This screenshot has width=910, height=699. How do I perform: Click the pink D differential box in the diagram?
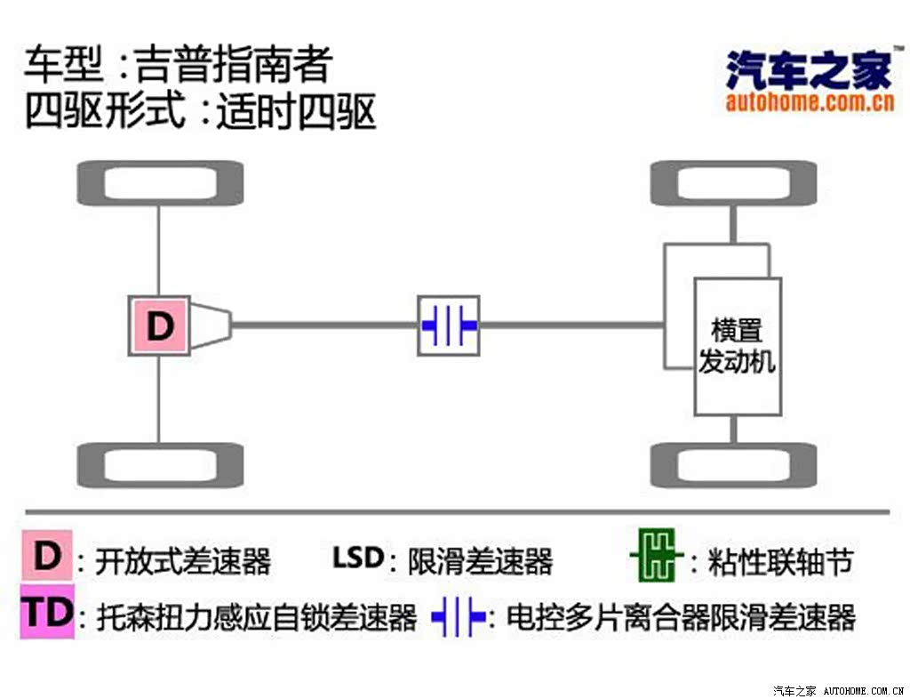[x=160, y=325]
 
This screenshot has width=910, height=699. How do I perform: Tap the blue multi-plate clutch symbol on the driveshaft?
[x=449, y=325]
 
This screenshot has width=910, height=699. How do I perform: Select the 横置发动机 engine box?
[x=738, y=347]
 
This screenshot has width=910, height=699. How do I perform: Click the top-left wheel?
[x=160, y=183]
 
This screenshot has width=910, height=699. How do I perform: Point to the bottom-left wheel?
[x=160, y=465]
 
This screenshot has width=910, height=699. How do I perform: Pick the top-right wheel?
[x=733, y=183]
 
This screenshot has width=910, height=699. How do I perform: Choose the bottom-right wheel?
[x=733, y=465]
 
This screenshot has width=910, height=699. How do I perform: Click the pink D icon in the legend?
[x=47, y=555]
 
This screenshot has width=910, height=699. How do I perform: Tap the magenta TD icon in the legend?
[x=48, y=612]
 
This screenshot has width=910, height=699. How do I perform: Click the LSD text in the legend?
[x=357, y=558]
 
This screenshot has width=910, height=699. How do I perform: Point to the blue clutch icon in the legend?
[x=459, y=615]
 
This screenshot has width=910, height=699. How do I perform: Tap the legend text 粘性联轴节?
[x=780, y=561]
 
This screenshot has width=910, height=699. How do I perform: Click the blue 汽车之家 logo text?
[x=809, y=70]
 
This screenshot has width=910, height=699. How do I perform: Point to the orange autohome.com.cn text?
[x=810, y=102]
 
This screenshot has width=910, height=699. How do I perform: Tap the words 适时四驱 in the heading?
[x=297, y=111]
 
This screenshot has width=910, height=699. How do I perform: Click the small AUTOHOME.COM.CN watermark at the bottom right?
[x=864, y=691]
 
